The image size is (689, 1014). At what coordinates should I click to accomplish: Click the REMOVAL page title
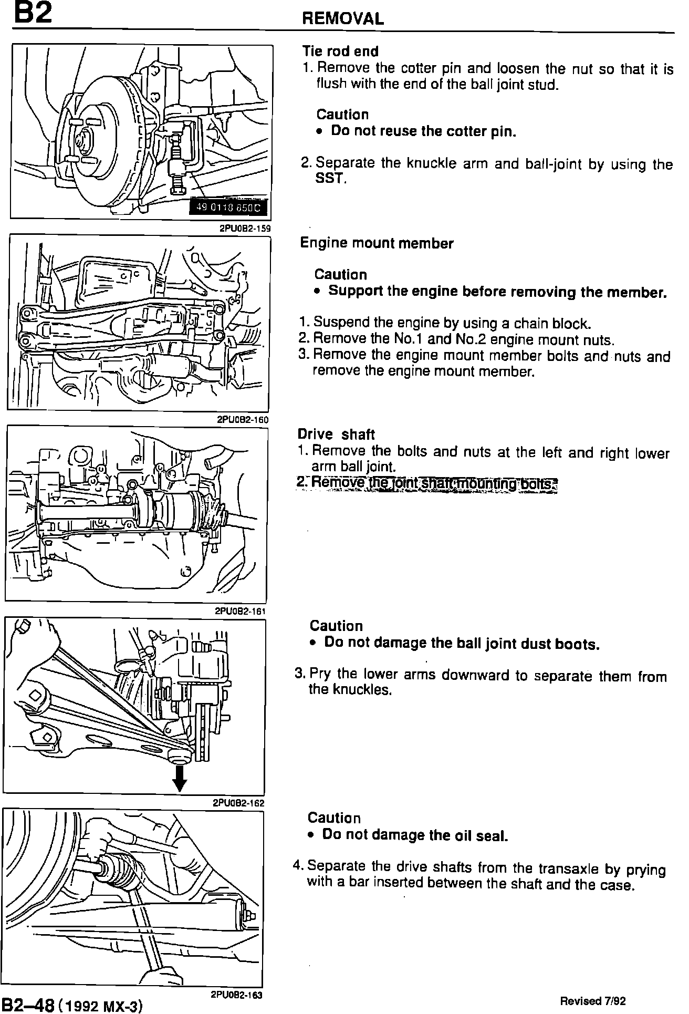click(x=342, y=19)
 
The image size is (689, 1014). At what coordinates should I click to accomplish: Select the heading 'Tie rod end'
click(x=340, y=51)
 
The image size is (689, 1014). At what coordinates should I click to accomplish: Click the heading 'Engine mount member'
click(x=376, y=243)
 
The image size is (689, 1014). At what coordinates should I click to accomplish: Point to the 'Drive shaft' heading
click(x=336, y=434)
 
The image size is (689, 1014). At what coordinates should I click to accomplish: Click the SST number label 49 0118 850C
click(x=228, y=208)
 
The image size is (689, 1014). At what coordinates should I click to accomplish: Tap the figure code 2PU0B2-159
click(x=244, y=228)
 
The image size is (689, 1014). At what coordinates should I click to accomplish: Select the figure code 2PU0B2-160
click(x=243, y=420)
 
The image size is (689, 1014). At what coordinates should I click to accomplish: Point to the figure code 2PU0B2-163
click(x=236, y=995)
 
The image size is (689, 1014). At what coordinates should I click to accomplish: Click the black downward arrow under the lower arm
click(x=180, y=779)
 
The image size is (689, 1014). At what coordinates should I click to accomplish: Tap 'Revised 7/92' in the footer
click(x=593, y=1001)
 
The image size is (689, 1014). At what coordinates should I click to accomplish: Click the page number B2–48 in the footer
click(x=28, y=1005)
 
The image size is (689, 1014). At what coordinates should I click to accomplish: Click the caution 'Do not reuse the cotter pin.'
click(x=423, y=131)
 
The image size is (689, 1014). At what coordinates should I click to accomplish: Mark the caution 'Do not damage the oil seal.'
click(x=415, y=835)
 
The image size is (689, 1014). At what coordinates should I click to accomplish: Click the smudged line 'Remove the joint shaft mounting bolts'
click(x=427, y=483)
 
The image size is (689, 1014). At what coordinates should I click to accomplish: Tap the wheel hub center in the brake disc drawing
click(x=84, y=141)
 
